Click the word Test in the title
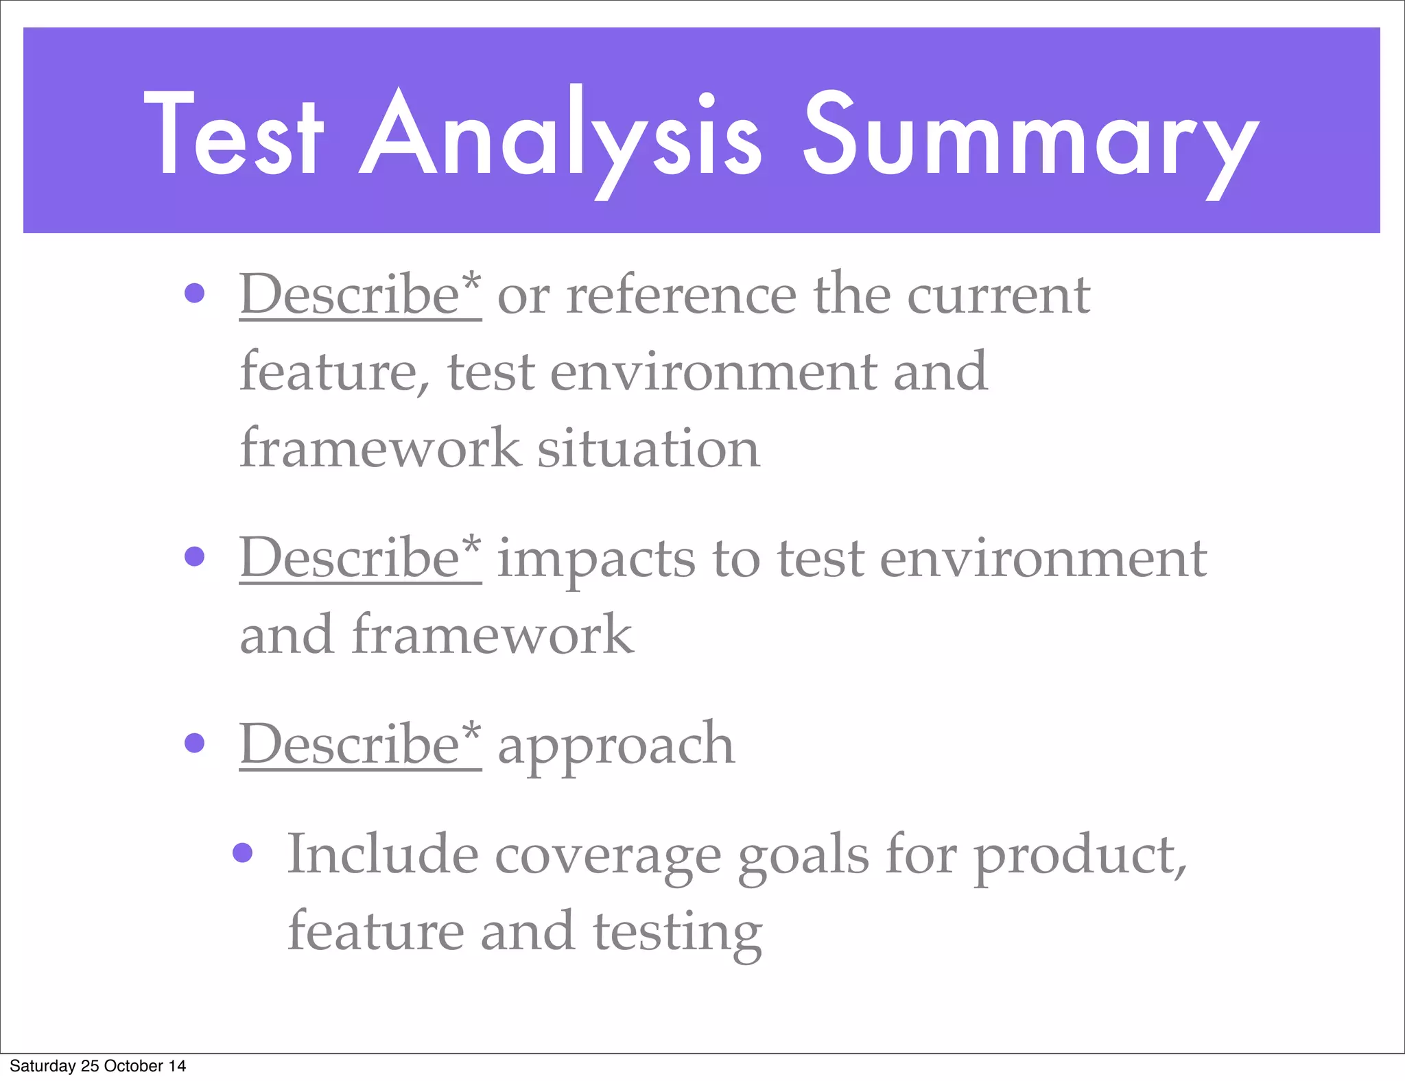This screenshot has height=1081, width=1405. [x=233, y=134]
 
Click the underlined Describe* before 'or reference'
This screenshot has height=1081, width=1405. [x=360, y=295]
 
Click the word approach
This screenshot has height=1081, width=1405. [x=615, y=748]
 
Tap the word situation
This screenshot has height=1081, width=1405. [x=648, y=449]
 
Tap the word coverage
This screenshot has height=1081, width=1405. [x=607, y=857]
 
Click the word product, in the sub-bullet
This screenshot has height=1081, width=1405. [x=1081, y=857]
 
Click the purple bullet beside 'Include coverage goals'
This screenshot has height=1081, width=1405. [x=243, y=853]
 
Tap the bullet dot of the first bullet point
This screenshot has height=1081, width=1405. [x=195, y=294]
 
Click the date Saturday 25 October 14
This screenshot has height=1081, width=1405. [x=97, y=1066]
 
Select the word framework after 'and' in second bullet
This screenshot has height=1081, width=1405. [x=493, y=635]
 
